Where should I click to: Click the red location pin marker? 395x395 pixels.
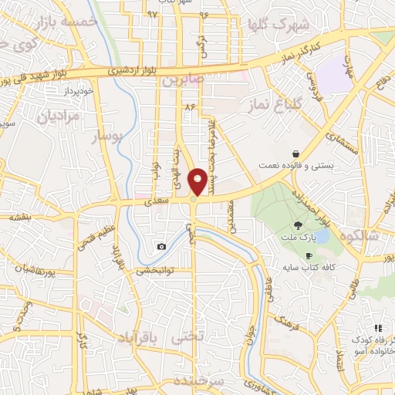click(197, 181)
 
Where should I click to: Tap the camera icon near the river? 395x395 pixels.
click(160, 246)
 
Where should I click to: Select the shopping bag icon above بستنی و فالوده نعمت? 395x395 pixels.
click(297, 153)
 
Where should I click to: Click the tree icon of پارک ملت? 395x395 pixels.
click(298, 226)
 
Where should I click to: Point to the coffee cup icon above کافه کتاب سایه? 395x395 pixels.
click(309, 255)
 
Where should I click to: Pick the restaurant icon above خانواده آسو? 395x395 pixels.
click(377, 329)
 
